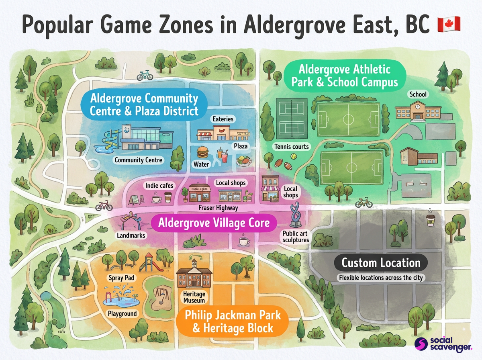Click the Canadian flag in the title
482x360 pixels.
pyautogui.click(x=448, y=25)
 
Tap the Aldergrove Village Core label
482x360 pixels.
pyautogui.click(x=214, y=222)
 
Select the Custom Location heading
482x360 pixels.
pyautogui.click(x=381, y=263)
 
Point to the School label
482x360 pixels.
pyautogui.click(x=418, y=94)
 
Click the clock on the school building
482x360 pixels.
pyautogui.click(x=418, y=106)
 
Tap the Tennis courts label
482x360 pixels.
pyautogui.click(x=292, y=147)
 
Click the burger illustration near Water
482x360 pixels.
pyautogui.click(x=202, y=152)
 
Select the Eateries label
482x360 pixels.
pyautogui.click(x=223, y=119)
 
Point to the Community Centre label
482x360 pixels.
pyautogui.click(x=139, y=160)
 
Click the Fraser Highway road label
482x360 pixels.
pyautogui.click(x=218, y=208)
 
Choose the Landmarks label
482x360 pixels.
pyautogui.click(x=131, y=235)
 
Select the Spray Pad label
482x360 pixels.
pyautogui.click(x=121, y=278)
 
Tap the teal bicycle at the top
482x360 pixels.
pyautogui.click(x=145, y=75)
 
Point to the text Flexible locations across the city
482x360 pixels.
pyautogui.click(x=381, y=278)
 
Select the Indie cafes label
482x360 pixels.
pyautogui.click(x=159, y=185)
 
